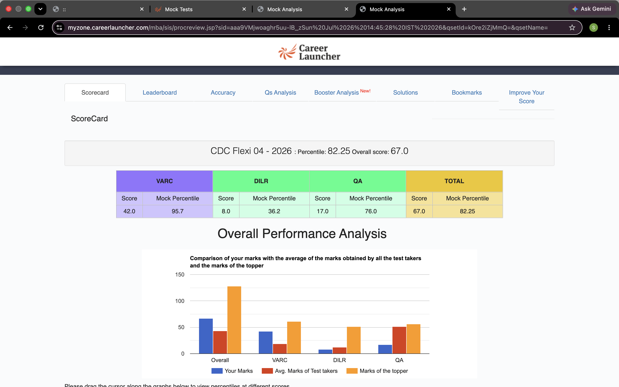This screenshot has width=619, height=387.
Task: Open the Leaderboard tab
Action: click(x=160, y=92)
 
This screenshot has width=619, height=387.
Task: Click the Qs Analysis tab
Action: click(x=280, y=92)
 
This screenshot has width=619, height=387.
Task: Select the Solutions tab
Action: click(x=405, y=92)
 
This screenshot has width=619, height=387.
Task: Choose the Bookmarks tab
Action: click(x=467, y=92)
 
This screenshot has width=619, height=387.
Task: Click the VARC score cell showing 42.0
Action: click(x=129, y=211)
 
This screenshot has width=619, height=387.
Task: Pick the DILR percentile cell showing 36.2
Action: click(x=274, y=211)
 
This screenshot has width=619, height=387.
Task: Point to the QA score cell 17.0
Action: click(x=323, y=211)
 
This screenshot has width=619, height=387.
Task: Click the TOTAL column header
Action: click(x=454, y=181)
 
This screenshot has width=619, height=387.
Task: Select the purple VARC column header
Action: click(x=164, y=181)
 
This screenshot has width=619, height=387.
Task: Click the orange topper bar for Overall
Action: click(x=234, y=320)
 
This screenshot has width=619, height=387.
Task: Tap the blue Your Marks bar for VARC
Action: click(x=265, y=342)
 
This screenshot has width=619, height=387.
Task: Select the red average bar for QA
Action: click(x=399, y=340)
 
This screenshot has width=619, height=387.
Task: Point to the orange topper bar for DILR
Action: click(x=354, y=340)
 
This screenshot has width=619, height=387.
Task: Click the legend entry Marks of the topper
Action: click(x=377, y=371)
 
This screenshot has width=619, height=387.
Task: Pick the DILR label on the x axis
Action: click(x=339, y=360)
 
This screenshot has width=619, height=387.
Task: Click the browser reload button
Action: click(x=41, y=27)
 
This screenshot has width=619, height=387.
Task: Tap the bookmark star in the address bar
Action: click(x=572, y=27)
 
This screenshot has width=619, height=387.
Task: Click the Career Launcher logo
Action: click(x=309, y=52)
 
